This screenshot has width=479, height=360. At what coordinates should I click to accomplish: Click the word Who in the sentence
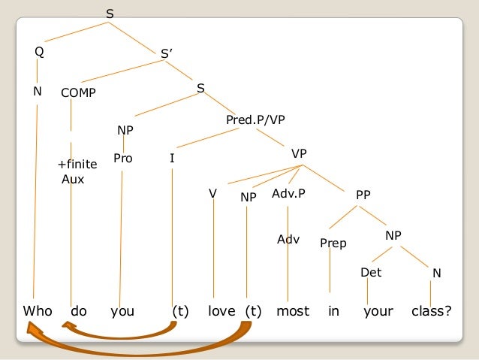pyautogui.click(x=38, y=310)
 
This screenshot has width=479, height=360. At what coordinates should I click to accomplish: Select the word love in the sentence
pyautogui.click(x=221, y=310)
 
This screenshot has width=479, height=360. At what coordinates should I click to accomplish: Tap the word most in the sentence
pyautogui.click(x=293, y=310)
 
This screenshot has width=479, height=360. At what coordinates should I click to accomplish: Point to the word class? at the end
pyautogui.click(x=432, y=310)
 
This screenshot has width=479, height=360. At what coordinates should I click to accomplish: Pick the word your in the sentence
pyautogui.click(x=378, y=310)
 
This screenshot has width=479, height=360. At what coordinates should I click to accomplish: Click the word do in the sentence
pyautogui.click(x=79, y=310)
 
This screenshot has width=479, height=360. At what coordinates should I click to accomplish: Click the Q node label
pyautogui.click(x=39, y=52)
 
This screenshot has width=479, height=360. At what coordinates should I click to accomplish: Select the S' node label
pyautogui.click(x=167, y=54)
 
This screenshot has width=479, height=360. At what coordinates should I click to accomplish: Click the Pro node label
pyautogui.click(x=122, y=158)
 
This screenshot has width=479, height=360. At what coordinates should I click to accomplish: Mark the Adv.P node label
pyautogui.click(x=289, y=194)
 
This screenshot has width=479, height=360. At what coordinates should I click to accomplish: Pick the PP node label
pyautogui.click(x=363, y=195)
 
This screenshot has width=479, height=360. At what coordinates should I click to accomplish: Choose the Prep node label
pyautogui.click(x=333, y=243)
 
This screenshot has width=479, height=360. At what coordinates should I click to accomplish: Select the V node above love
pyautogui.click(x=213, y=194)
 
